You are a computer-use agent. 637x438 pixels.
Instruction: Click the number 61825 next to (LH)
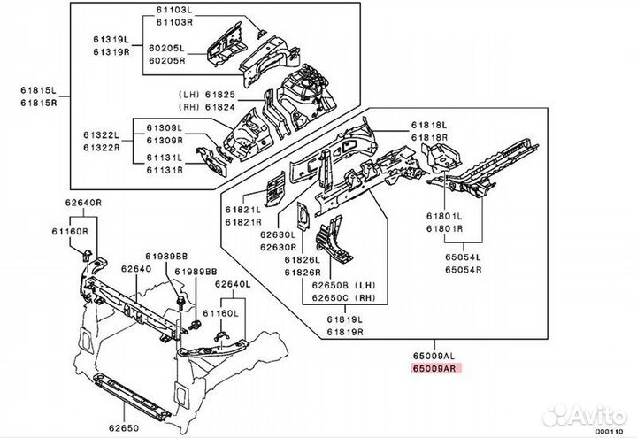(x=221, y=93)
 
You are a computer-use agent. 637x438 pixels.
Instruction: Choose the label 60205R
(x=166, y=60)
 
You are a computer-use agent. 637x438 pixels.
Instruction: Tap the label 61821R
(x=242, y=221)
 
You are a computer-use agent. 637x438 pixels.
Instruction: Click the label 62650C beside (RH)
(x=329, y=299)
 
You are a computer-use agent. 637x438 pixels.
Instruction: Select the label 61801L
(x=445, y=216)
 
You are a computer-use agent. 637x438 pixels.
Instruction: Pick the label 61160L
(x=221, y=312)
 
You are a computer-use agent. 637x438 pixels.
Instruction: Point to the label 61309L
(x=165, y=127)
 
